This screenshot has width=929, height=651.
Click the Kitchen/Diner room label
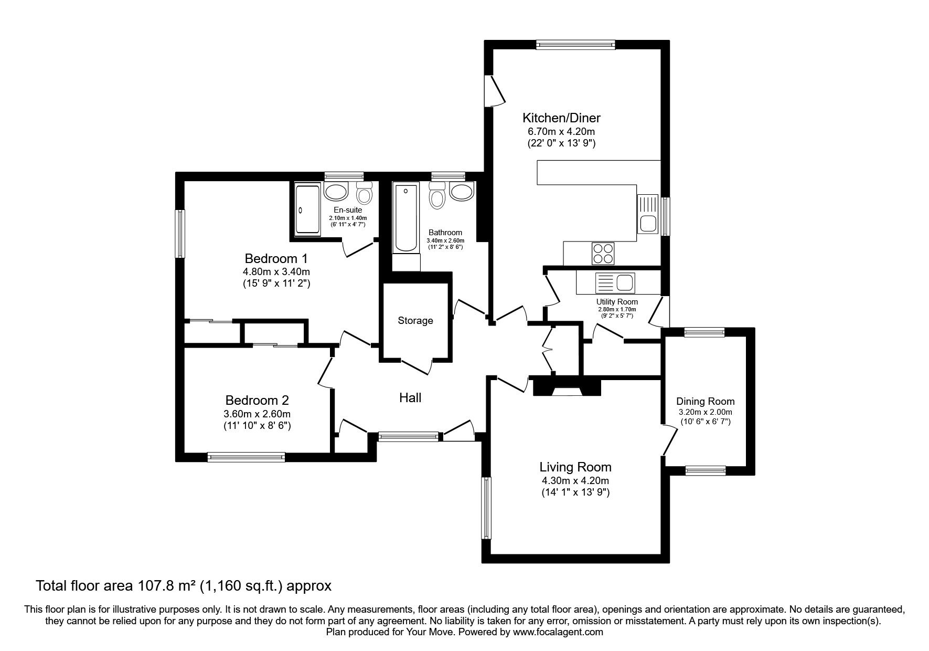(561, 118)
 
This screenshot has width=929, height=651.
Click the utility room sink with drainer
(615, 283)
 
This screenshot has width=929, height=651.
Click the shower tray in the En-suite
(307, 209)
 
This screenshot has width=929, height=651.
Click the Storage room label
(415, 320)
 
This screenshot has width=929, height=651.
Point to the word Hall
(410, 398)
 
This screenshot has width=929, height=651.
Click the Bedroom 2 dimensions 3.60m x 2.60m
(257, 414)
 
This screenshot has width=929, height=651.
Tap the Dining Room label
(705, 401)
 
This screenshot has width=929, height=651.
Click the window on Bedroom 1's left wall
(180, 234)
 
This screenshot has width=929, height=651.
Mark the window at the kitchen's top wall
(575, 46)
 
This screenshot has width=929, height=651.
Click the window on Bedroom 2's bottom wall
(246, 457)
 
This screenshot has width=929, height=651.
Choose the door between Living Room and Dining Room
(668, 439)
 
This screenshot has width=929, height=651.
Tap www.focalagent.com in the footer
(557, 632)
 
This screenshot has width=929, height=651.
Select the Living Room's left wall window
(486, 508)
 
